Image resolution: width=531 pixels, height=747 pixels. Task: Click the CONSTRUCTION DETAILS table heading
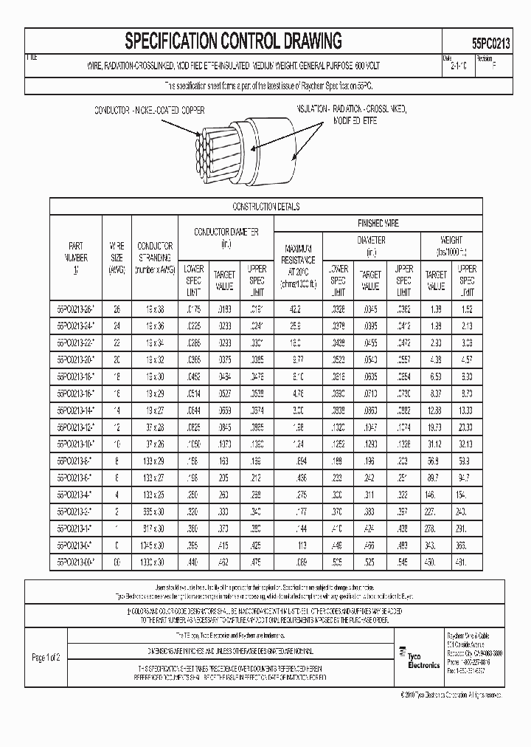point(265,207)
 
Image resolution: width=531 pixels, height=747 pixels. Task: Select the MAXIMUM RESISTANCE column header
point(299,261)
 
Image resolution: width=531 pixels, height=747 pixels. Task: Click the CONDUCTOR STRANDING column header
point(155,258)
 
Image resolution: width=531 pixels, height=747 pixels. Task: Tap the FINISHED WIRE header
point(378,222)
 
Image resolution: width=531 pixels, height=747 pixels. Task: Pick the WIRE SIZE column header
point(117,258)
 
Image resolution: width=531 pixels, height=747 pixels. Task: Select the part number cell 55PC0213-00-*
point(75,562)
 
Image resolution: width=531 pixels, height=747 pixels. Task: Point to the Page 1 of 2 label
point(46,656)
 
